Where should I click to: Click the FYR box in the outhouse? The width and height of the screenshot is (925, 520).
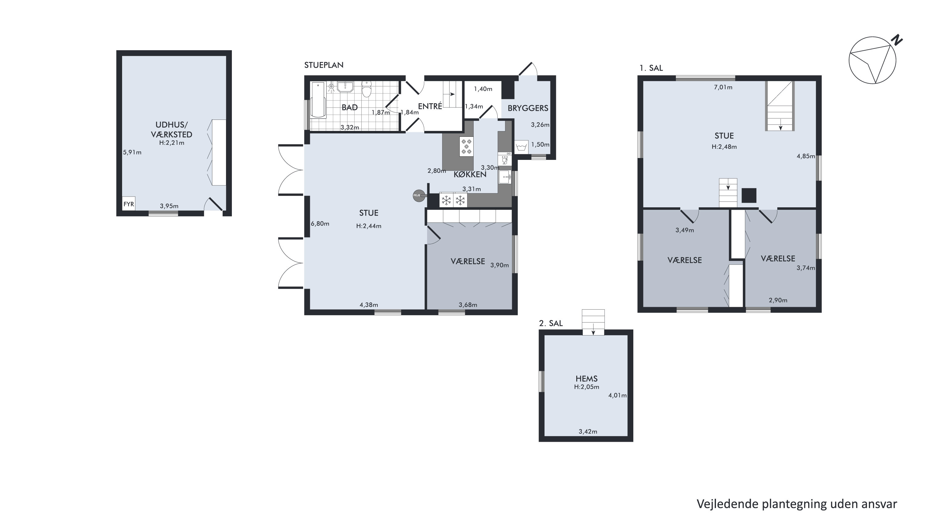pos(129,204)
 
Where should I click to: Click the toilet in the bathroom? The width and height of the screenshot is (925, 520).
pos(366,89)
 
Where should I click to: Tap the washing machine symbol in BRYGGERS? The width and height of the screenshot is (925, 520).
pos(521,147)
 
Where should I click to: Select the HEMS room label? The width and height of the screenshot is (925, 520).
pos(587,379)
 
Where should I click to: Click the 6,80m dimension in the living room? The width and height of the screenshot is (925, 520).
pos(320,224)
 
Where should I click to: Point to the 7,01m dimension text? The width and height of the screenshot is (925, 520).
pos(723,87)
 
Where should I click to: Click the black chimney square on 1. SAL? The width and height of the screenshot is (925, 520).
pos(749,196)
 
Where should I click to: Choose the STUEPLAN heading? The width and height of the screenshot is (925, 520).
pos(324,65)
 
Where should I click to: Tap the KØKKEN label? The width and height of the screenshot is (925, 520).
pos(470,174)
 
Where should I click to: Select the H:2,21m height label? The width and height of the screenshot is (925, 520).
pos(172,143)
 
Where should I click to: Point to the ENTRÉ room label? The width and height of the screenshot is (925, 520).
pos(430,106)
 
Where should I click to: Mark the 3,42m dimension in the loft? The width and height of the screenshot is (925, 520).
pos(588,431)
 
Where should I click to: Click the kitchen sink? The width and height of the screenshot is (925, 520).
pos(504,177)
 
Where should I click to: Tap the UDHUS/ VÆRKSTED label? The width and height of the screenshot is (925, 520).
pos(172,130)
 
